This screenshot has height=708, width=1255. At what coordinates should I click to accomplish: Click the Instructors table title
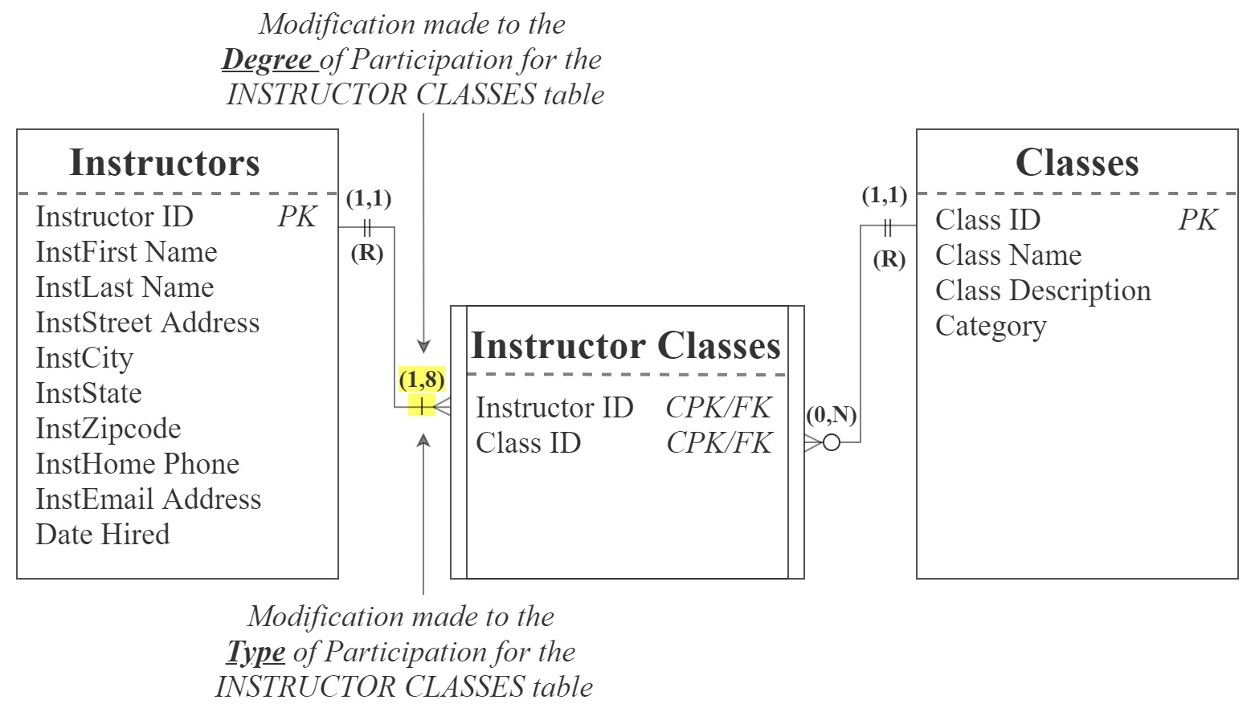[x=165, y=163]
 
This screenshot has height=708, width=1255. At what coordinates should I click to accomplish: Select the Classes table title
[x=1077, y=163]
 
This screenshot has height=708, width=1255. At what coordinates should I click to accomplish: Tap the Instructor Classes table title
[x=625, y=346]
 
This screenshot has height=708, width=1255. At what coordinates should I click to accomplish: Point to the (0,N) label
[x=831, y=415]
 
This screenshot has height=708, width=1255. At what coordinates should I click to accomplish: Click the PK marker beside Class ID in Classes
[x=1197, y=220]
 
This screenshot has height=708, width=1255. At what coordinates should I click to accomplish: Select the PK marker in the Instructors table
[x=297, y=217]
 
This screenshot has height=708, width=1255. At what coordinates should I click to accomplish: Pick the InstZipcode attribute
[x=108, y=429]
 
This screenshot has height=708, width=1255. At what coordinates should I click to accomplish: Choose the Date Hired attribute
[x=103, y=535]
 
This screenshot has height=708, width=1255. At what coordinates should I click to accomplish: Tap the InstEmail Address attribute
[x=149, y=499]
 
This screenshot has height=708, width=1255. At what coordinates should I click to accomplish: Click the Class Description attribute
[x=1043, y=291]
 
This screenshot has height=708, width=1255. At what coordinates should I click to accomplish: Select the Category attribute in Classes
[x=991, y=326]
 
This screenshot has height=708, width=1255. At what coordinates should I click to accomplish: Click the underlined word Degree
[x=267, y=59]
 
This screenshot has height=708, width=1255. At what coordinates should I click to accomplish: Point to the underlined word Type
[x=255, y=652]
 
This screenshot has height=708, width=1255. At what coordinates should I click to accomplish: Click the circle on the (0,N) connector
[x=832, y=442]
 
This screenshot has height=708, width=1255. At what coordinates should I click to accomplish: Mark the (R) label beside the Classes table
[x=889, y=259]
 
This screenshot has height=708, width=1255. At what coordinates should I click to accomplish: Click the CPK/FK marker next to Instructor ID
[x=718, y=408]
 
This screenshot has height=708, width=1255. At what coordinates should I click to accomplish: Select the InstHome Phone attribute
[x=137, y=464]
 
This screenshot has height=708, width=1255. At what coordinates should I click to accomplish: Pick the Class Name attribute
[x=1008, y=255]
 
